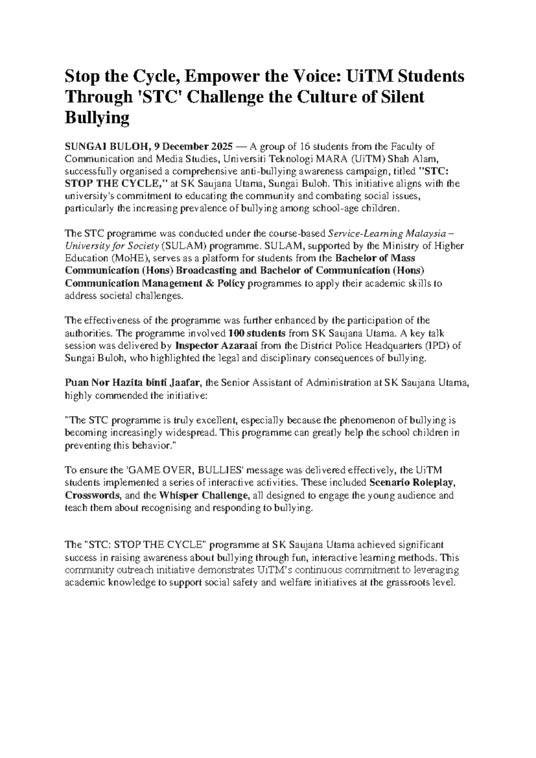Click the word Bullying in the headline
pos(97,118)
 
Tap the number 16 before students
pos(304,146)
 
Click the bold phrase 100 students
pos(256,333)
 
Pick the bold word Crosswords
pos(92,496)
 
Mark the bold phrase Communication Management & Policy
pos(155,284)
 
